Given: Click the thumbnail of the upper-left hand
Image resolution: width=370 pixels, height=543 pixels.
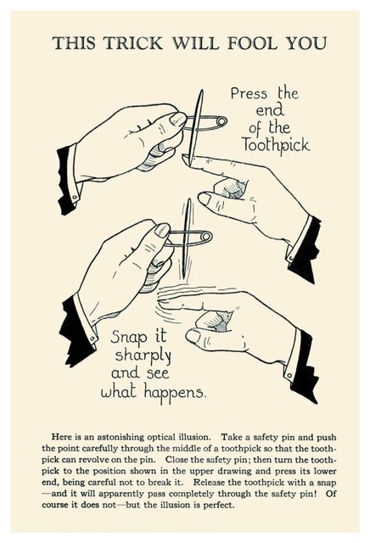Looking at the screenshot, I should (x=177, y=119).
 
